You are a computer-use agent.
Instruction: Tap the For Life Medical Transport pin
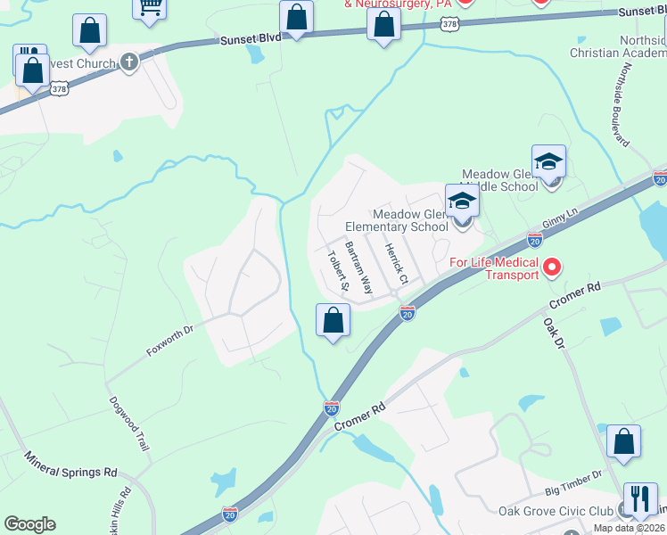pos(552,267)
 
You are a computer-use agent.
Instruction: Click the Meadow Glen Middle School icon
pos(548,160)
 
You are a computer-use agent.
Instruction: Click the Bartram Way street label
pos(360,267)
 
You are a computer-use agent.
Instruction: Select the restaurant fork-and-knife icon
pos(639,498)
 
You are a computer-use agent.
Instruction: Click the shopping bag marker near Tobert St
pos(333,320)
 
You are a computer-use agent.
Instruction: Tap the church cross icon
pos(129,62)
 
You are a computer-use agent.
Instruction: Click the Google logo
pos(29,524)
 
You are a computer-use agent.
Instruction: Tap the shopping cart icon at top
pos(151,7)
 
